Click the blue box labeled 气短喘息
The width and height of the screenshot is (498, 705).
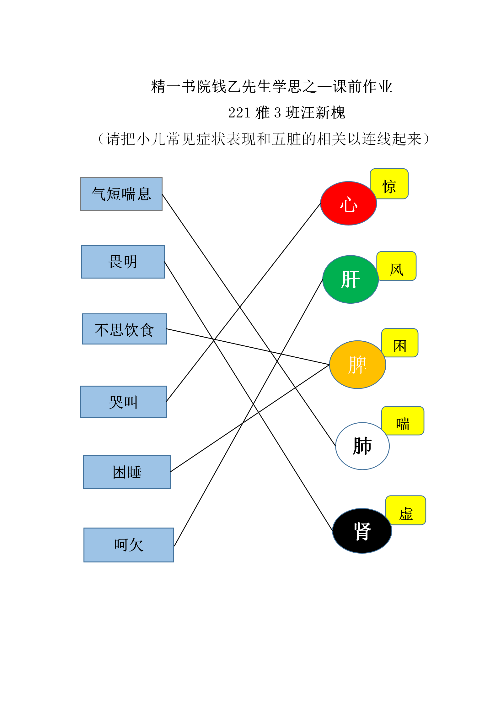(121, 194)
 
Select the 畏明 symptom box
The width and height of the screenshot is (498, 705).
(123, 262)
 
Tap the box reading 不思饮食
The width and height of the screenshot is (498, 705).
(124, 329)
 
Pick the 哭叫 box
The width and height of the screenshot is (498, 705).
(123, 402)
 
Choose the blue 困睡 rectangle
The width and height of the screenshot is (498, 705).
(127, 472)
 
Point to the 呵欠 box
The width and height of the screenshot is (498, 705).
(129, 545)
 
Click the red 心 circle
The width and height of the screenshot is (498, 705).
(348, 203)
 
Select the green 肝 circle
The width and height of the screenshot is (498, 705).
(351, 279)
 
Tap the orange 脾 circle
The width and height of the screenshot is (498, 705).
(357, 365)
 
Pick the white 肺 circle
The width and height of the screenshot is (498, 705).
(362, 446)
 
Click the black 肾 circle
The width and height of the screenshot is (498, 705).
(362, 531)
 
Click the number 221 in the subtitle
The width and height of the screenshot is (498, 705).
(239, 113)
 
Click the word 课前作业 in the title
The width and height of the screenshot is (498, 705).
(363, 86)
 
